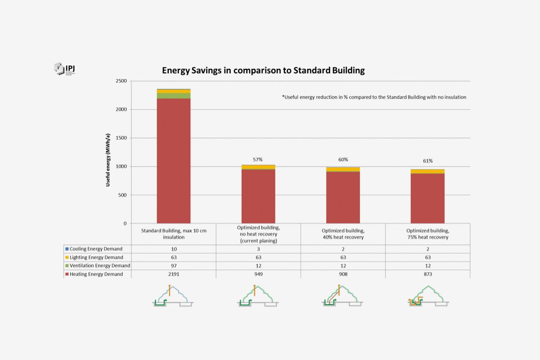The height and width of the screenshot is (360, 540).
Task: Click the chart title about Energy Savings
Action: click(263, 71)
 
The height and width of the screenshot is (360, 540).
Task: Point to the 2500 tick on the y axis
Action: click(121, 81)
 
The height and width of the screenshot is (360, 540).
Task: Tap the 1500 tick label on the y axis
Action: click(121, 138)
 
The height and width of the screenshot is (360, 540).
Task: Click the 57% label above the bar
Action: click(257, 159)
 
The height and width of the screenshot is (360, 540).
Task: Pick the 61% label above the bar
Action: click(427, 161)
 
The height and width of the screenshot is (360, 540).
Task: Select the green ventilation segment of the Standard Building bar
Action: click(173, 96)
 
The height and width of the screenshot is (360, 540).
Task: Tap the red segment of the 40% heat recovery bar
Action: click(343, 198)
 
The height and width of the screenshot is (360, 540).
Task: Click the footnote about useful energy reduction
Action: click(374, 97)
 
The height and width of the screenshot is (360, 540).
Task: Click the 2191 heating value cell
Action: click(173, 274)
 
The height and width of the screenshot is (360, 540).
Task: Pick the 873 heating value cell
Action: click(427, 274)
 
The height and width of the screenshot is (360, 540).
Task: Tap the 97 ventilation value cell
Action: click(173, 265)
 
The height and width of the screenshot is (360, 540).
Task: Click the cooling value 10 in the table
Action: click(173, 249)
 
